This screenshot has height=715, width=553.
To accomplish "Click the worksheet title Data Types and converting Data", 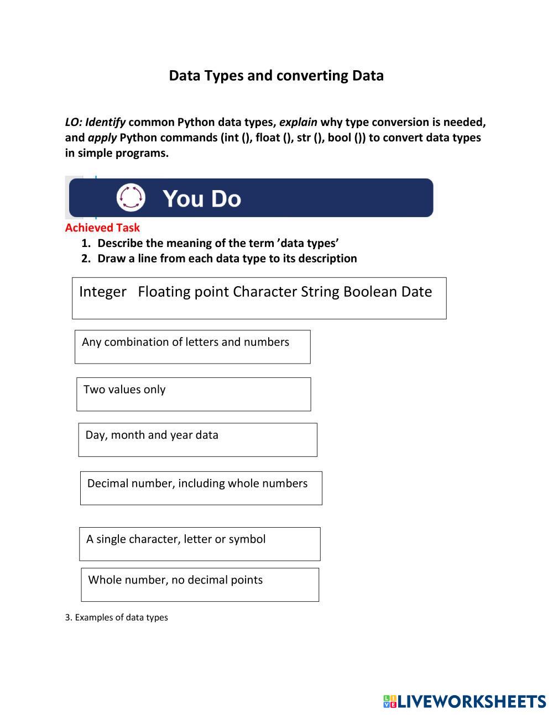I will pyautogui.click(x=276, y=76).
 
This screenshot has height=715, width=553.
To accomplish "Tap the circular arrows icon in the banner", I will pyautogui.click(x=131, y=197).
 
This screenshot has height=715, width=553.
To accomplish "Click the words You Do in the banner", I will pyautogui.click(x=202, y=198).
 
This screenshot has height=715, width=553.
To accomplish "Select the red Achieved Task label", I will pyautogui.click(x=102, y=228).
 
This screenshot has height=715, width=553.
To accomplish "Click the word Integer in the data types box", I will pyautogui.click(x=103, y=292).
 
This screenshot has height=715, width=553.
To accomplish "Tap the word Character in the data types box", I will pyautogui.click(x=265, y=292).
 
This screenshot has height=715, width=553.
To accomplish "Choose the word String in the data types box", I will pyautogui.click(x=320, y=292).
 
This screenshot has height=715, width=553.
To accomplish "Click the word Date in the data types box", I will pyautogui.click(x=416, y=292).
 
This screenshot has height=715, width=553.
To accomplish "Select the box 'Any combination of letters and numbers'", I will pyautogui.click(x=192, y=347).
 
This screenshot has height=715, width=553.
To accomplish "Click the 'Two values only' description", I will pyautogui.click(x=194, y=394).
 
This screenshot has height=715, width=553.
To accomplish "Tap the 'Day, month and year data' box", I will pyautogui.click(x=197, y=440).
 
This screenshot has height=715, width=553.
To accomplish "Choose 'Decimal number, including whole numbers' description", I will pyautogui.click(x=201, y=488).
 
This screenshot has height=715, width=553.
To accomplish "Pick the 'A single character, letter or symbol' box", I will pyautogui.click(x=200, y=544).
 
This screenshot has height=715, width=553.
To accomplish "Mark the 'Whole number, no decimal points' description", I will pyautogui.click(x=200, y=585).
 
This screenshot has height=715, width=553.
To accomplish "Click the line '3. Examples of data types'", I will pyautogui.click(x=117, y=617).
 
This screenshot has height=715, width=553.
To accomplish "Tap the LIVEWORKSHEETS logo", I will pyautogui.click(x=465, y=702).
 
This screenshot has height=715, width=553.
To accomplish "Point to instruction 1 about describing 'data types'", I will pyautogui.click(x=218, y=243).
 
